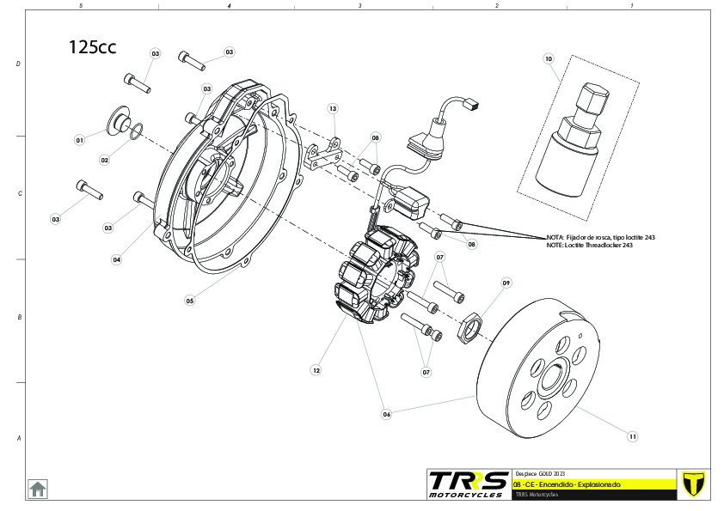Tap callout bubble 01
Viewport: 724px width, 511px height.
(79, 139)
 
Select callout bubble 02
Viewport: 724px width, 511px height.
(105, 160)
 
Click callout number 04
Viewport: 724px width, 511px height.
(116, 259)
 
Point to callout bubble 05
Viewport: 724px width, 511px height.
(190, 301)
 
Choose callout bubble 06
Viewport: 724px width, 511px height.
(387, 414)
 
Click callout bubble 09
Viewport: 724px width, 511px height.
(506, 283)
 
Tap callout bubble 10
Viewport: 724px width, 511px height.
(549, 59)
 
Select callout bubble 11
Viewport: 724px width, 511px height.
(633, 436)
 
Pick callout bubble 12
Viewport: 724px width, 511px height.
(316, 371)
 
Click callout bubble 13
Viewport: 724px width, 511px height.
(333, 109)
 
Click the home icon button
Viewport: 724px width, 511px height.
(38, 488)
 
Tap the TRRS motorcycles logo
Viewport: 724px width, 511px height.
(467, 484)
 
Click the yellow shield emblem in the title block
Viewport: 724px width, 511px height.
(692, 484)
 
